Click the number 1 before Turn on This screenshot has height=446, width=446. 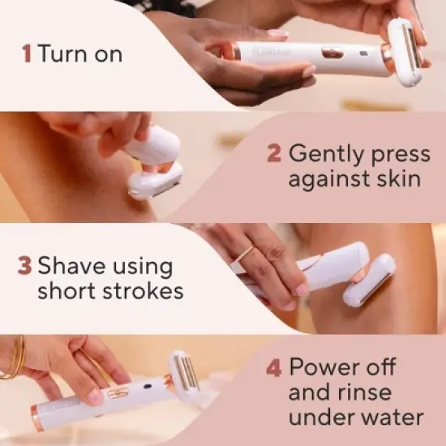pos(27,54)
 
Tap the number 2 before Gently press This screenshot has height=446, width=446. pos(274,153)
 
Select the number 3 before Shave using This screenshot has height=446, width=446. pos(24,267)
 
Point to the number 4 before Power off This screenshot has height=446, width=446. pos(274,367)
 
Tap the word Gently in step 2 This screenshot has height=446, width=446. pos(327,153)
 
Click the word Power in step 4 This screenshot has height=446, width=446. pos(329,367)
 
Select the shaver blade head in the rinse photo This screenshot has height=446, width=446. pos(188,377)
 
